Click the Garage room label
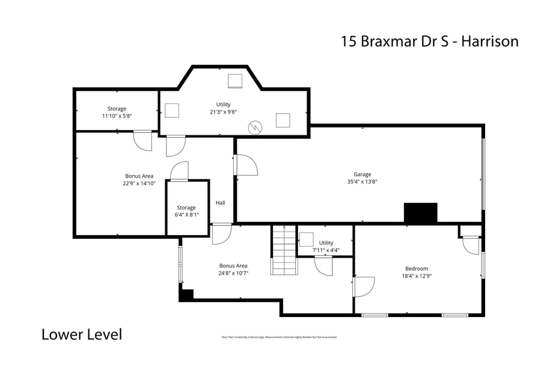pyautogui.click(x=362, y=174)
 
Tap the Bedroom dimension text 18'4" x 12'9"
pyautogui.click(x=417, y=276)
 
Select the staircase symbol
pyautogui.click(x=284, y=250)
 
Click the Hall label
pyautogui.click(x=221, y=203)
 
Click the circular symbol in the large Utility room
pyautogui.click(x=256, y=127)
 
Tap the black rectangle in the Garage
pyautogui.click(x=420, y=213)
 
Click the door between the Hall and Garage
pyautogui.click(x=245, y=165)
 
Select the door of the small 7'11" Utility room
pyautogui.click(x=324, y=265)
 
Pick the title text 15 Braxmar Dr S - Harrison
pyautogui.click(x=429, y=41)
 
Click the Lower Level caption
pyautogui.click(x=82, y=334)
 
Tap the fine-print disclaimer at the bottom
pyautogui.click(x=279, y=338)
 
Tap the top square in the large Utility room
pyautogui.click(x=235, y=81)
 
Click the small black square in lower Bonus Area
pyautogui.click(x=187, y=295)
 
